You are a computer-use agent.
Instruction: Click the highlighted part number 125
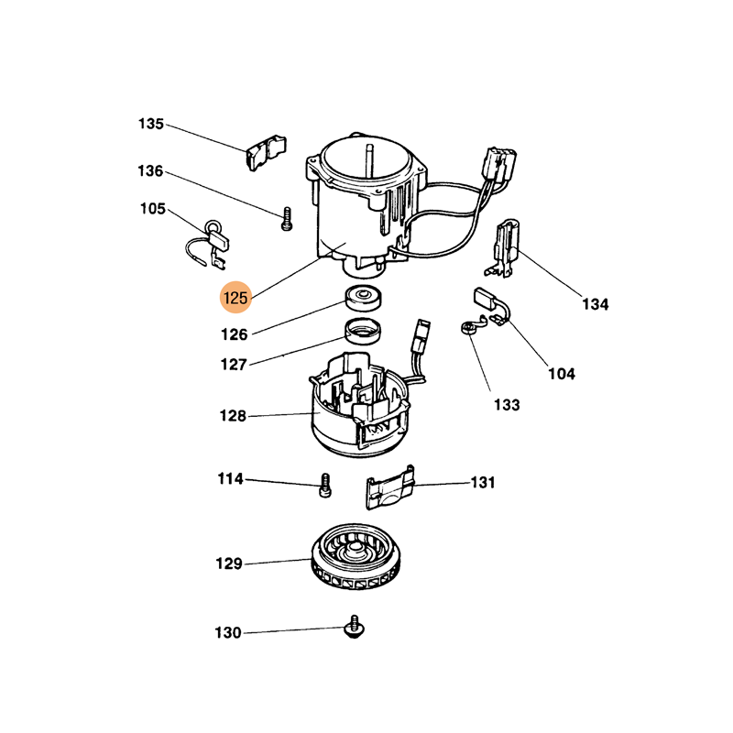point(235,297)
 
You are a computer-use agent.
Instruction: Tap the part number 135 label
point(151,124)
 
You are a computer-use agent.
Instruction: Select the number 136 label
point(150,171)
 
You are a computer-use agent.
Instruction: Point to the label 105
point(153,209)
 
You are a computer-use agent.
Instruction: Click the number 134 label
point(595,304)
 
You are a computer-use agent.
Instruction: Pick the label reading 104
point(562,374)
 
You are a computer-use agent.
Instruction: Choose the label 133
point(507,404)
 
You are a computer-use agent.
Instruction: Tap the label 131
point(483,482)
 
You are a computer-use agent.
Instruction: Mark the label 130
point(227,632)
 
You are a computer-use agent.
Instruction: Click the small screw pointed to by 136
point(287,219)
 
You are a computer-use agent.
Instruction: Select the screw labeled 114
point(325,486)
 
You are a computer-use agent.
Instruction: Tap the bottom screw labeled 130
point(355,627)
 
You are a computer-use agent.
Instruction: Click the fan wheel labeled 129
point(356,556)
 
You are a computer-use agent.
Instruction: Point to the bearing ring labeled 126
point(363,297)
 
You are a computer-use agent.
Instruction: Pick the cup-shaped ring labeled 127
point(363,331)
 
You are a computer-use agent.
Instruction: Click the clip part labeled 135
point(266,152)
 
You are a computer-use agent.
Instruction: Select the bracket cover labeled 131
point(390,487)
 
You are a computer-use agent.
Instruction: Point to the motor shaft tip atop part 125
point(369,148)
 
